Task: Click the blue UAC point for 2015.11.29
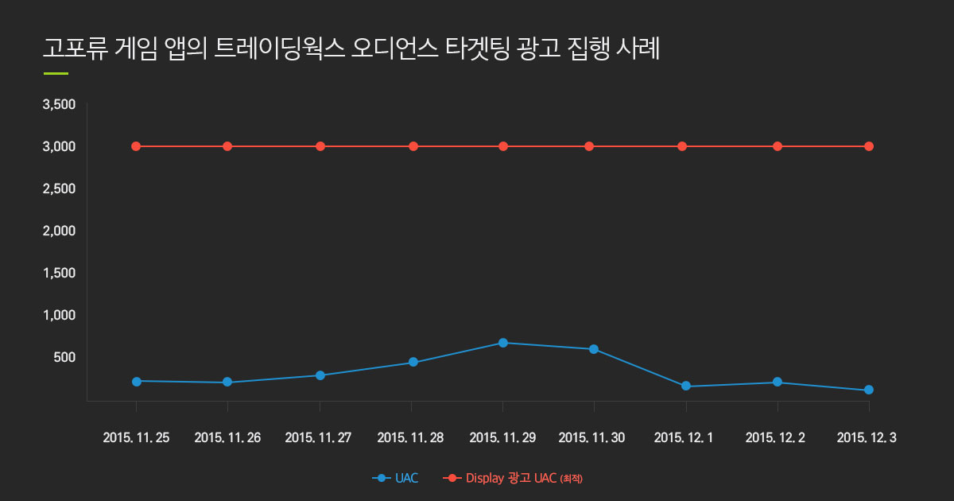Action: coord(503,343)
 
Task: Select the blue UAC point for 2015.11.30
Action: coord(594,349)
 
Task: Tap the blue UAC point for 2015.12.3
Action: coord(869,390)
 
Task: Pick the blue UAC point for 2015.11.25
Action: coord(136,381)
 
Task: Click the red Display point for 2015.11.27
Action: coord(320,146)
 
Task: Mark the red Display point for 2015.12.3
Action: coord(869,146)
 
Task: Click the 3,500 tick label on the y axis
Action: coord(59,104)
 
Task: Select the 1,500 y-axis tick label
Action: coord(59,273)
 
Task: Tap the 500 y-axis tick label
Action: coord(64,357)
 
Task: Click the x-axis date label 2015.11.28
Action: coord(410,437)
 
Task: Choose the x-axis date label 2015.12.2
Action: coord(775,437)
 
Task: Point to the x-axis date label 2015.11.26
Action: coord(227,437)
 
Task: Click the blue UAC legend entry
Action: coord(395,478)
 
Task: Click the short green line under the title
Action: coord(56,74)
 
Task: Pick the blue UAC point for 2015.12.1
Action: coord(685,386)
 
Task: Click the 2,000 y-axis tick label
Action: coord(59,231)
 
